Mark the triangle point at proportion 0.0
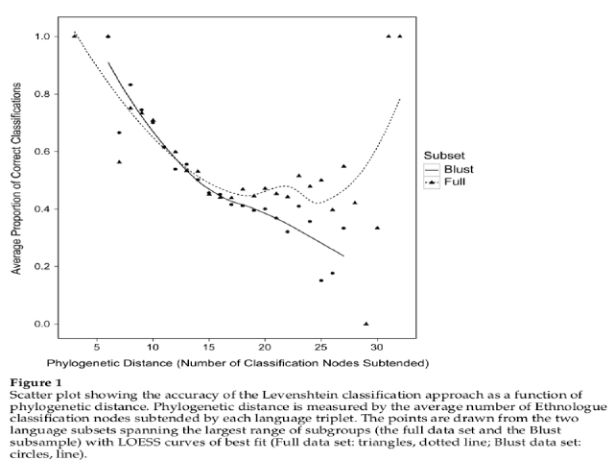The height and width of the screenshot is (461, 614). coord(366,324)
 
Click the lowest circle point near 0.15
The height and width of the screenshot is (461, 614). coord(321,280)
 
